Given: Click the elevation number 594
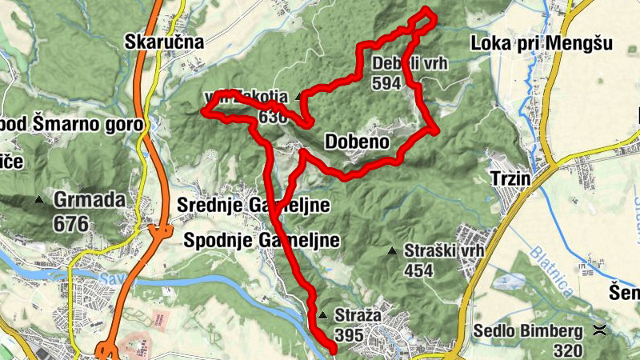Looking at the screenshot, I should click(386, 83).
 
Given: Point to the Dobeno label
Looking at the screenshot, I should click(358, 142).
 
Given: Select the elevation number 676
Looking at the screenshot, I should click(71, 223).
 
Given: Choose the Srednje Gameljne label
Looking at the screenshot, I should click(254, 206).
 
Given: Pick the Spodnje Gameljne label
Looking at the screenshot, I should click(262, 240).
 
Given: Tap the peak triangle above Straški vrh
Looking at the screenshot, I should click(392, 251).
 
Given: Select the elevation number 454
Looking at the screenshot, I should click(418, 270).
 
